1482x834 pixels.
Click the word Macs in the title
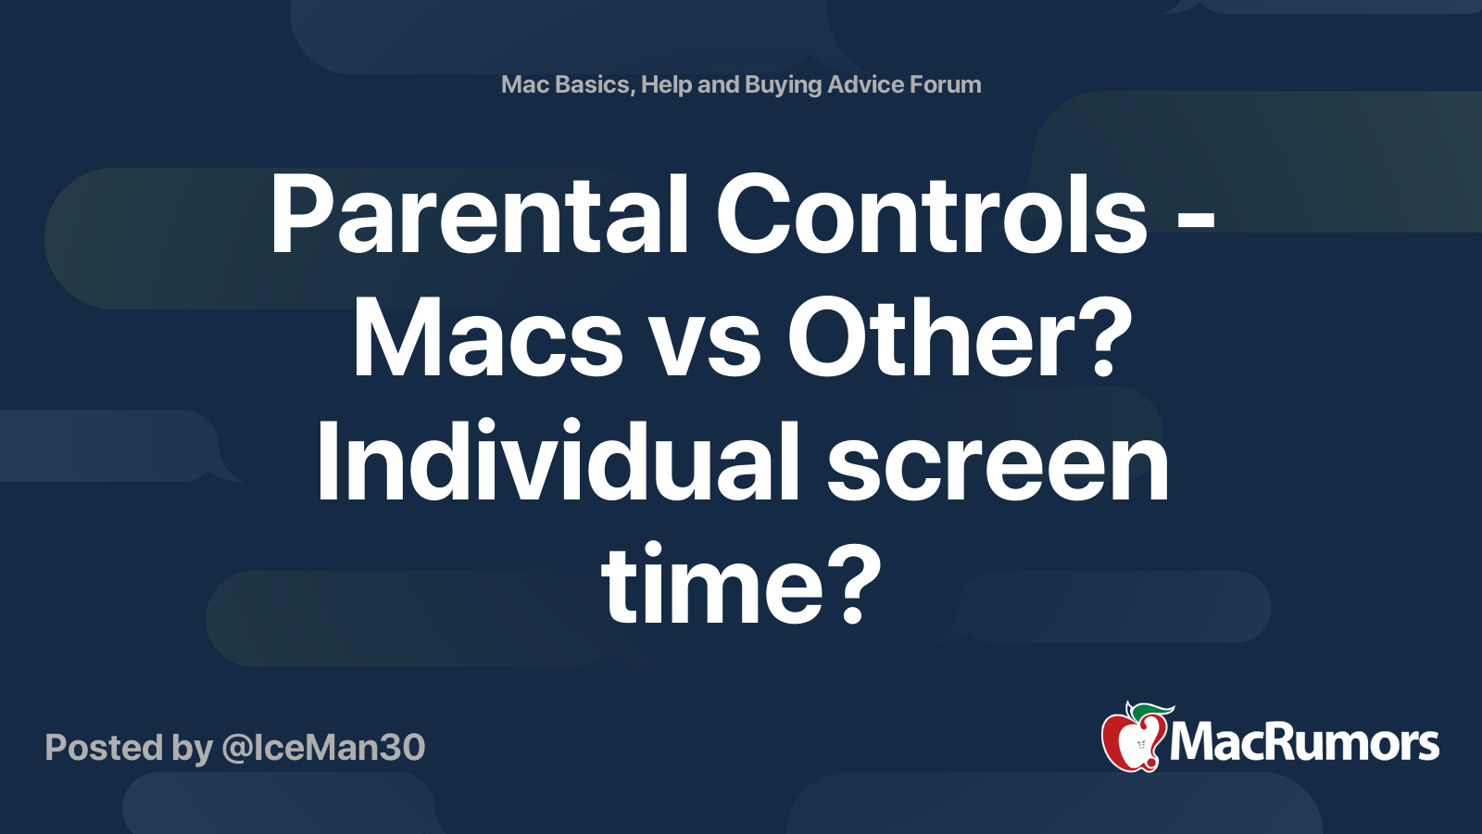487,339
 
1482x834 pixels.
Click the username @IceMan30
323,748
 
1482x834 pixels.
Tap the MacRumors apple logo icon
1133,739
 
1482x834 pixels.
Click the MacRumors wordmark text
1304,743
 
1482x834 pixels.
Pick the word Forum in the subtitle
945,84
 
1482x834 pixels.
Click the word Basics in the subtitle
593,84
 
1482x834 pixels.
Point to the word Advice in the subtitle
865,84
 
